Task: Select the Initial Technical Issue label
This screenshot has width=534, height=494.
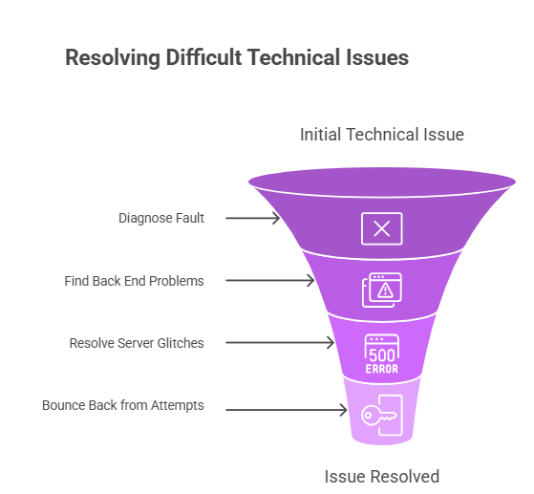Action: pyautogui.click(x=382, y=135)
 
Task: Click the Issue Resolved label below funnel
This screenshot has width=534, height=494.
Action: pyautogui.click(x=382, y=476)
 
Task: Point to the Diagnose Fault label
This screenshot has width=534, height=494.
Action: pyautogui.click(x=160, y=218)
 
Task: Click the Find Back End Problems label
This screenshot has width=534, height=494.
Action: pyautogui.click(x=134, y=281)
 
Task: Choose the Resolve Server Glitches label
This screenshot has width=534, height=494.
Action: pyautogui.click(x=137, y=343)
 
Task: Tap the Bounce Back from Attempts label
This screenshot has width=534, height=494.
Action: pyautogui.click(x=123, y=405)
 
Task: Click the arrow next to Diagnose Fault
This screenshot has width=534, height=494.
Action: pyautogui.click(x=253, y=218)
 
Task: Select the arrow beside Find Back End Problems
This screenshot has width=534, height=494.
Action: pyautogui.click(x=271, y=281)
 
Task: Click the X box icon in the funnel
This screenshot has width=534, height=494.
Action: pyautogui.click(x=381, y=228)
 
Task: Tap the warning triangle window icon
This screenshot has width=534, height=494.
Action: pyautogui.click(x=381, y=290)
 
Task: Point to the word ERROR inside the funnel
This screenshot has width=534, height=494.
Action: pyautogui.click(x=381, y=369)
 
